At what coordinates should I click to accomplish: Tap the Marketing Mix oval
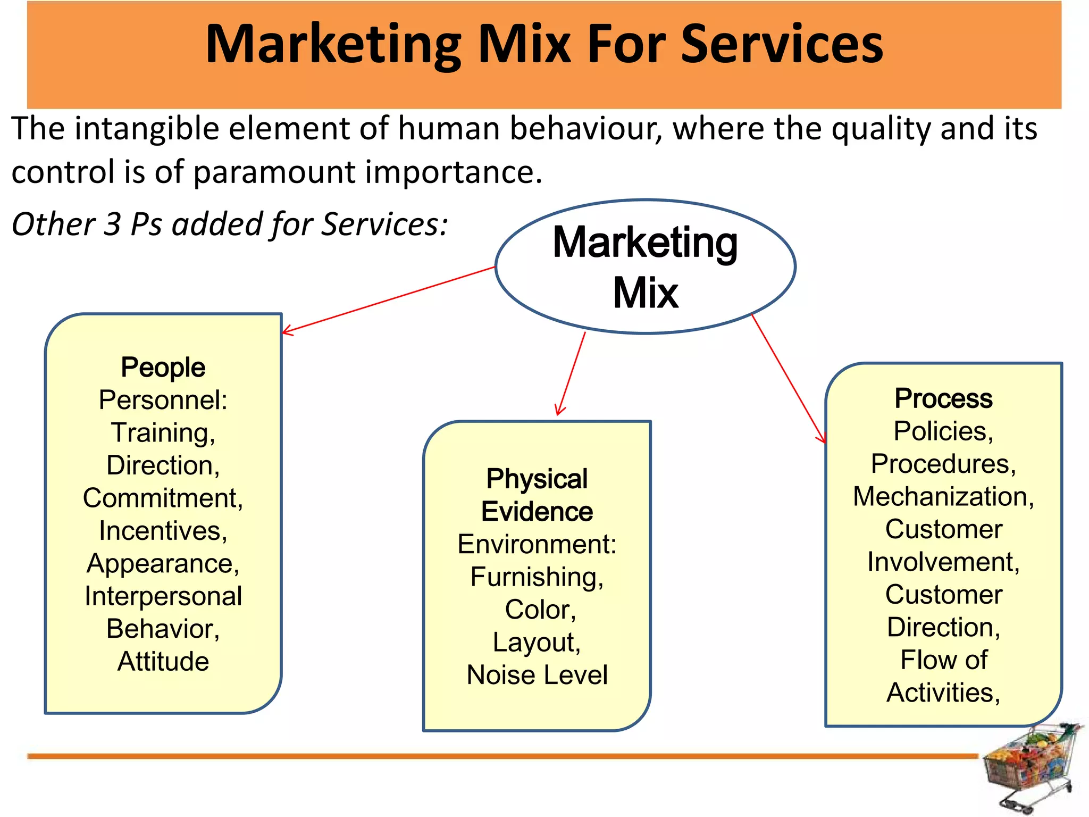pos(645,266)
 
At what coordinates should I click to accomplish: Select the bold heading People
pos(163,368)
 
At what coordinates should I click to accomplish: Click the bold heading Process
pos(943,398)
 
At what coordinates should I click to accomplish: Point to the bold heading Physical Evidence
pos(537,495)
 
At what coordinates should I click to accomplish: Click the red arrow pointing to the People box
pos(389,301)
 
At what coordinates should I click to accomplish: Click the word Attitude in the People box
pos(163,662)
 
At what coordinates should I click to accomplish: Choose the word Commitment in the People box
pos(163,498)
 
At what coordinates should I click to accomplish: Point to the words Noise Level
pos(537,675)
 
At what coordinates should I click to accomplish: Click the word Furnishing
pos(537,577)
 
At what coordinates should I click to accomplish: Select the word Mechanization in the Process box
pos(943,497)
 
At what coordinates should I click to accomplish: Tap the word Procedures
pos(943,464)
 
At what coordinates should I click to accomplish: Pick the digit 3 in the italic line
pos(113,224)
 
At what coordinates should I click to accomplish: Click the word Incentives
pos(163,531)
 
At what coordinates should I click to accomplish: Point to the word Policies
pos(943,431)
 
